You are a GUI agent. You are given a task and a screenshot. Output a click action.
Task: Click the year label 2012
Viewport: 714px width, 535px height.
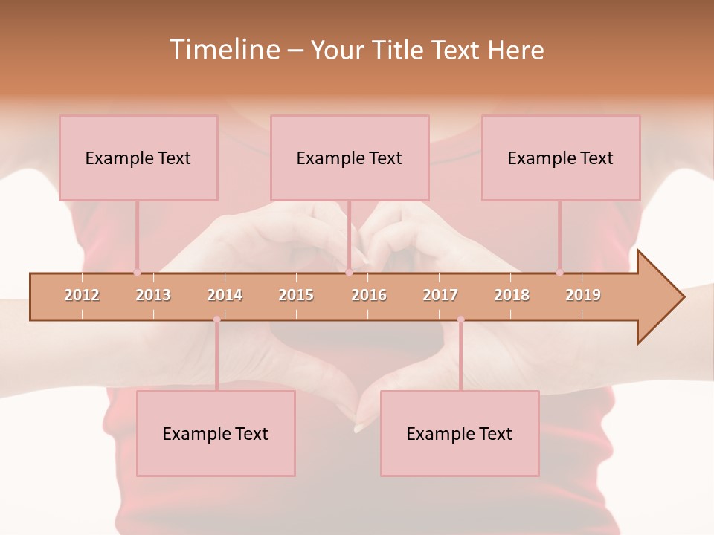82,295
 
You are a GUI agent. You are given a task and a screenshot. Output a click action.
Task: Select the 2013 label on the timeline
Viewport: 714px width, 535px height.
153,295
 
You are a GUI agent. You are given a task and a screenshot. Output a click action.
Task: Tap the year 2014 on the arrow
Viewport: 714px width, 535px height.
225,295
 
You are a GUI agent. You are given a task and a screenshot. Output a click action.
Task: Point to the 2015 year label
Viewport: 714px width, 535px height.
296,295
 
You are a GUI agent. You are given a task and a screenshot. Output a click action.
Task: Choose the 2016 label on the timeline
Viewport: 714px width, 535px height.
369,295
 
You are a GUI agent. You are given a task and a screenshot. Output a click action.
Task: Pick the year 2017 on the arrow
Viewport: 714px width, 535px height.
440,295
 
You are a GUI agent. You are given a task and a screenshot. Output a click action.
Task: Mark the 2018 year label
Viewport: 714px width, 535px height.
512,295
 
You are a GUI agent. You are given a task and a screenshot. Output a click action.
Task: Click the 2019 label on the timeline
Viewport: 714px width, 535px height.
583,295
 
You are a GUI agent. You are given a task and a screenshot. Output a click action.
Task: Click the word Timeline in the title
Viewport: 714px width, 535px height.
224,50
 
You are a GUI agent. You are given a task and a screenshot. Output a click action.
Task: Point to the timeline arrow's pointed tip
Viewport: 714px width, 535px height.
683,297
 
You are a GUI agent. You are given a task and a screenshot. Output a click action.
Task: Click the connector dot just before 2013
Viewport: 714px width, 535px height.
137,273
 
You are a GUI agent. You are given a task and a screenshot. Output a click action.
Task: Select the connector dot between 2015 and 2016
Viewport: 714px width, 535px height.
349,273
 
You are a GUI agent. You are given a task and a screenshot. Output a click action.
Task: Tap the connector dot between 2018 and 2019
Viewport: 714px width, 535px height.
559,273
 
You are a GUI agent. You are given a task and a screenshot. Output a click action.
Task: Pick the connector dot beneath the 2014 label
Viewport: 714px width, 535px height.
216,320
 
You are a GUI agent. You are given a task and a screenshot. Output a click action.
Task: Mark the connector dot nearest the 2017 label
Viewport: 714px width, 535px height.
460,320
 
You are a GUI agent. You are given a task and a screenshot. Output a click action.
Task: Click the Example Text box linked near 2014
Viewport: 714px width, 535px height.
216,433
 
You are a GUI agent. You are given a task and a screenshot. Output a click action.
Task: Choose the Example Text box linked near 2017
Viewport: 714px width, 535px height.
460,433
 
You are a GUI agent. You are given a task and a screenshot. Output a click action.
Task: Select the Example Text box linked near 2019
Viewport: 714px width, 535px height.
561,158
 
